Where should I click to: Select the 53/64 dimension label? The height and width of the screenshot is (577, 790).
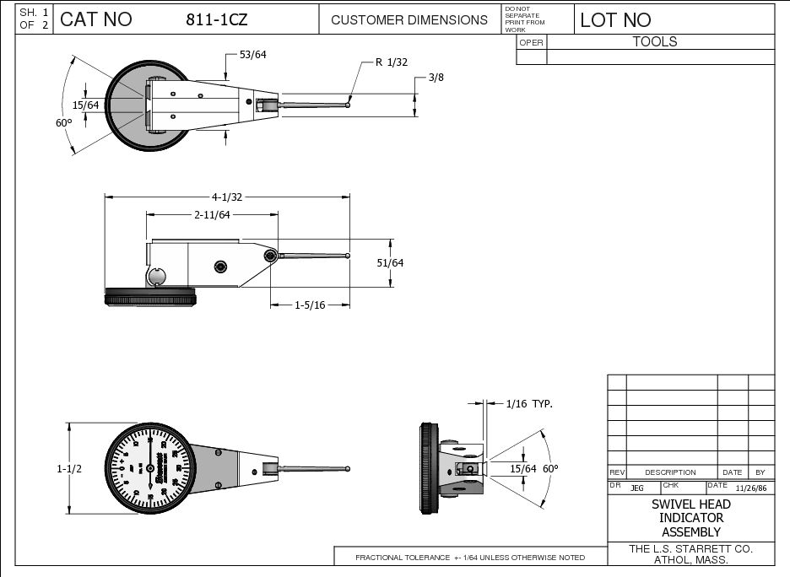253,55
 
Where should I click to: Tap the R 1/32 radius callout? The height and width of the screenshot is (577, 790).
391,62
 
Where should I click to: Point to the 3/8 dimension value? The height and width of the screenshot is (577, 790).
436,77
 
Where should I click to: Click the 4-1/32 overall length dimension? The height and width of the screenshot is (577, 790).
226,197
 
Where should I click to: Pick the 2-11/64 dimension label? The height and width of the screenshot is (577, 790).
212,215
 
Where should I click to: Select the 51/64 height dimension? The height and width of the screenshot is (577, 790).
390,262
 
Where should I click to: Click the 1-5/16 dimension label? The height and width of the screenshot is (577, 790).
310,305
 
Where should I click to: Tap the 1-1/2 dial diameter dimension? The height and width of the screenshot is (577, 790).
70,468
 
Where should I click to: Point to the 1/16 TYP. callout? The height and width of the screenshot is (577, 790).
529,404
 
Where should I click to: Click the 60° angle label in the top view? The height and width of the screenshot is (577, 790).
63,122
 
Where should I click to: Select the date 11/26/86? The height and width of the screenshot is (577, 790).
751,488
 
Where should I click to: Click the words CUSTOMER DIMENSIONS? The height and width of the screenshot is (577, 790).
409,20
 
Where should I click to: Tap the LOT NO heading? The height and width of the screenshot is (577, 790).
615,20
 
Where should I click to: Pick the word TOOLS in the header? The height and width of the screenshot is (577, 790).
655,41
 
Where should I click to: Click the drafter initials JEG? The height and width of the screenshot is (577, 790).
636,488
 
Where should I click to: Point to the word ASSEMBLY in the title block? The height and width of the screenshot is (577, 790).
690,532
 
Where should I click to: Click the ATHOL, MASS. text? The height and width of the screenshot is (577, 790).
690,559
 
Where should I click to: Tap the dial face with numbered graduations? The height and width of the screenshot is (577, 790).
150,467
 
